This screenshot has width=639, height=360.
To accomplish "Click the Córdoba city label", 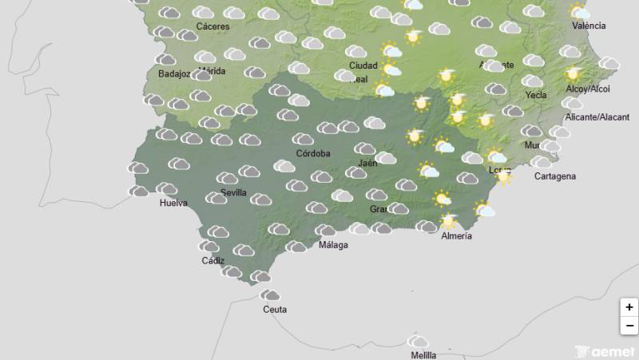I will coord(313,153).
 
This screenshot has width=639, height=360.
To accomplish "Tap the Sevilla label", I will coord(233,193).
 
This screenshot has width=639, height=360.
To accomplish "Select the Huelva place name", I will coord(173,204).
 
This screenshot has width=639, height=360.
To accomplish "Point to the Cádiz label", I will coord(213,261).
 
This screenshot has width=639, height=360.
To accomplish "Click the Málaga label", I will coord(333,245).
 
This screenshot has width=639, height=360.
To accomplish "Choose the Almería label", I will coord(456,236).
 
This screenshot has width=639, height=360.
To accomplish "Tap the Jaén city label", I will coord(367,164).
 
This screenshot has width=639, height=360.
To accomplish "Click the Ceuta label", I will coord(274,310).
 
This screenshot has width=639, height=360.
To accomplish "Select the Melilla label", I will coord(423,355).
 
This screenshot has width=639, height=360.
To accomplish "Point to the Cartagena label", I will coord(555,176).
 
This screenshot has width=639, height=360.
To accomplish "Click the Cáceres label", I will coord(212,26).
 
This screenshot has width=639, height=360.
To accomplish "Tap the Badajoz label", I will coord(174,75).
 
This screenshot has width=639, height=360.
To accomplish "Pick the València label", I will coord(589,26).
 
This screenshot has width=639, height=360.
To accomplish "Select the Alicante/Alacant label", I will coord(597,117).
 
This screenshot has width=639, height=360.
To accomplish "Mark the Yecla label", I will coord(536,95).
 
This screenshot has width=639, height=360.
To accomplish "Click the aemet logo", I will coord(605,351).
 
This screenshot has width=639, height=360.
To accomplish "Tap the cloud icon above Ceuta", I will coord(271,295).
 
